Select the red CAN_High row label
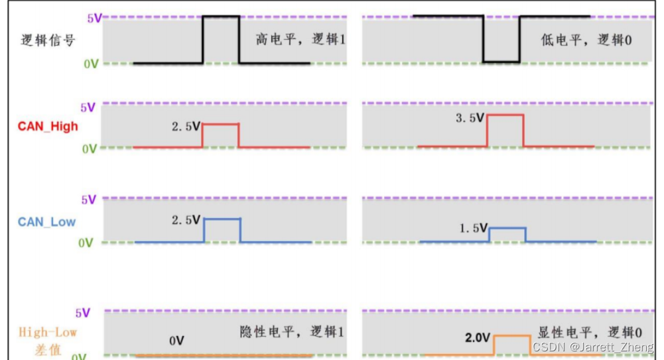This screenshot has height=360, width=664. (x=48, y=126)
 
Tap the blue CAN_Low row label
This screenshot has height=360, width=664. (x=47, y=221)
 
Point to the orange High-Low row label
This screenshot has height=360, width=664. (x=48, y=333)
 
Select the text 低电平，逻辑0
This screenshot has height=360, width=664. (x=586, y=40)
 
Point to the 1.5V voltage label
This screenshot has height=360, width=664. (x=473, y=229)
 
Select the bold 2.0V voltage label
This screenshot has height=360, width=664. (x=477, y=338)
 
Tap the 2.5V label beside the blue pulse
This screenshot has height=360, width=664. (x=186, y=219)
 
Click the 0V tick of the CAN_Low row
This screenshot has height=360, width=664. (x=87, y=243)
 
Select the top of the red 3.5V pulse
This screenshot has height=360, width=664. (x=505, y=115)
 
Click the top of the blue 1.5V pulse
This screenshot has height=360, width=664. (x=507, y=228)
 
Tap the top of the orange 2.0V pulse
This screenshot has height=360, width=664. (x=512, y=336)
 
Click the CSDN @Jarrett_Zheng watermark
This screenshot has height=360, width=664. (x=592, y=347)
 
